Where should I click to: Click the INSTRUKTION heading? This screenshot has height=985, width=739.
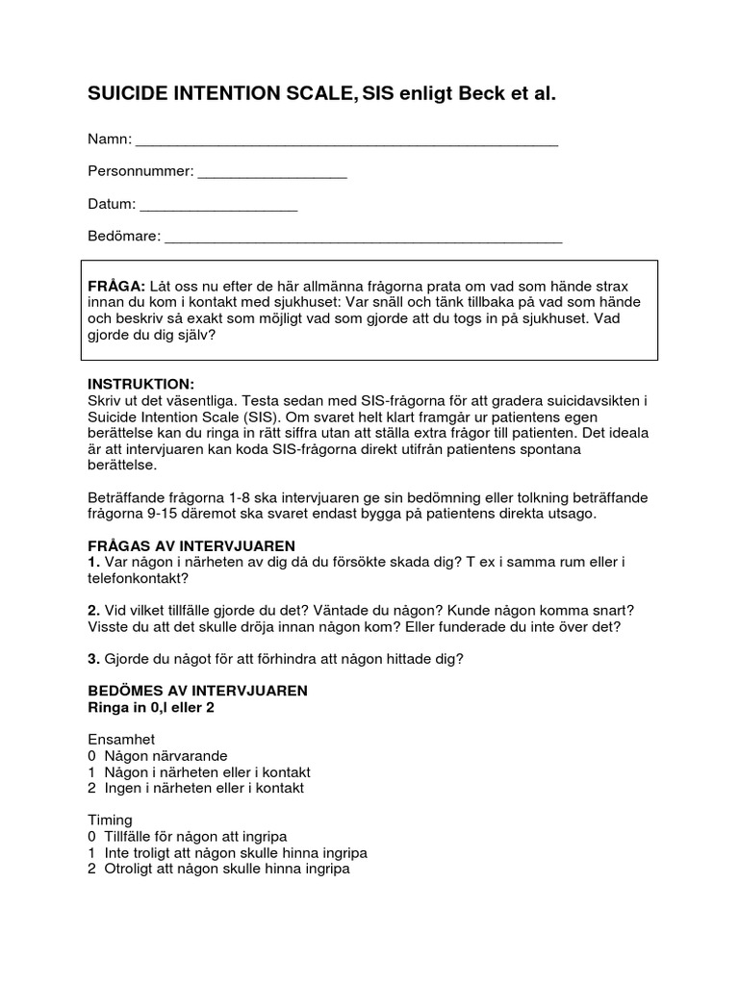140,383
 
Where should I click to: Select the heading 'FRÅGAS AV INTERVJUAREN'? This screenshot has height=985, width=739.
191,545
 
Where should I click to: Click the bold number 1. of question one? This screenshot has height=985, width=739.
94,562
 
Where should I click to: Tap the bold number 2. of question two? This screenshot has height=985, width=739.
94,611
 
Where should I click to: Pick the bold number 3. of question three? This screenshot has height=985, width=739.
94,659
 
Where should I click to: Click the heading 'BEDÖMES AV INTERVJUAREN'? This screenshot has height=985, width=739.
197,691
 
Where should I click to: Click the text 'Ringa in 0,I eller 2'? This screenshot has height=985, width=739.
151,707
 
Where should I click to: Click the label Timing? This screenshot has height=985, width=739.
110,821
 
